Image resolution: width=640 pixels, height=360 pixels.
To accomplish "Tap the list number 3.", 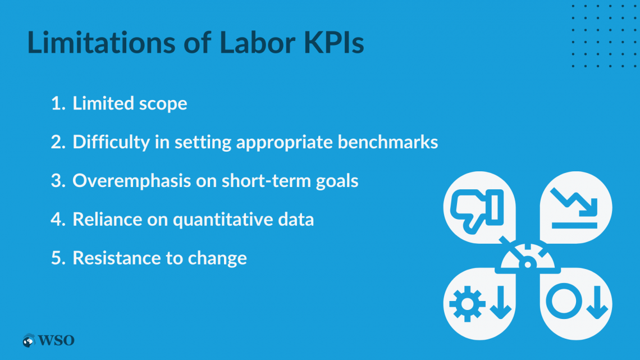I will pyautogui.click(x=58, y=181).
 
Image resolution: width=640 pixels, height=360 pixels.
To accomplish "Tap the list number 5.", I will pyautogui.click(x=58, y=258).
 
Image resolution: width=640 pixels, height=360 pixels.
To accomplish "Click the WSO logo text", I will pyautogui.click(x=56, y=340).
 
